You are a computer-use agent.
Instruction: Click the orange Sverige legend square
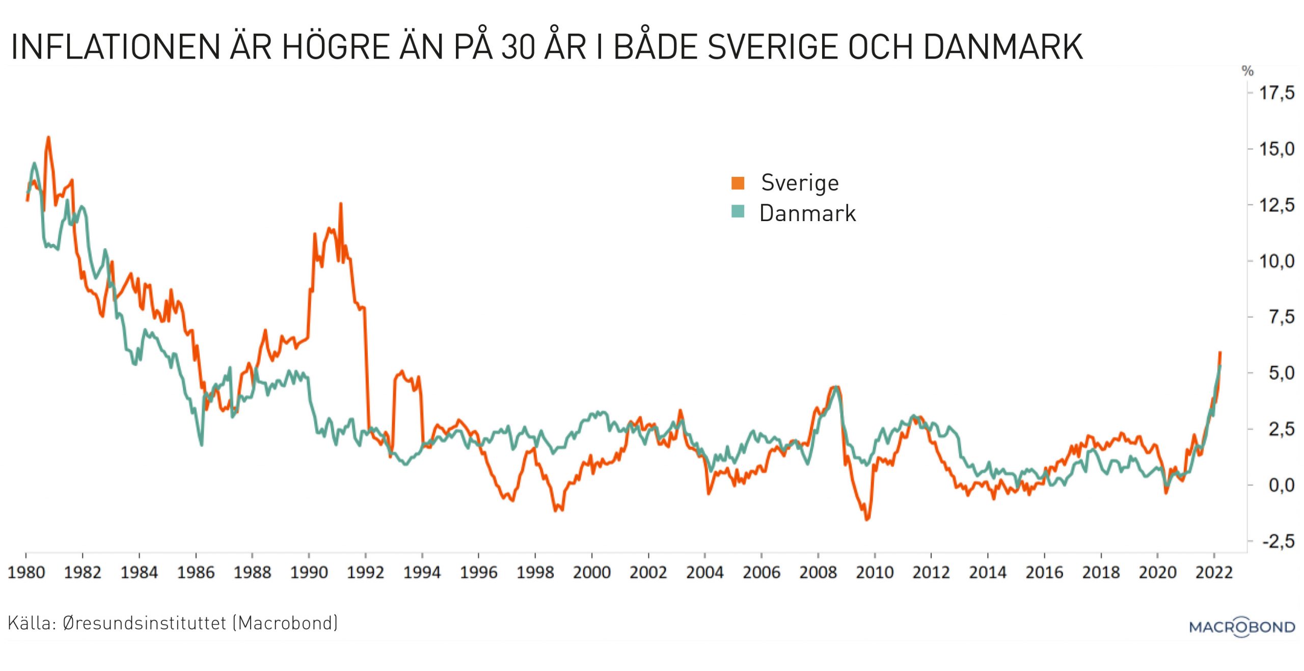738,183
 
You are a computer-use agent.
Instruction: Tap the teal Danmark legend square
738,211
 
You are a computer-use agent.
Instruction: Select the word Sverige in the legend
800,183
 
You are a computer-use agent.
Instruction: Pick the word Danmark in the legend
807,213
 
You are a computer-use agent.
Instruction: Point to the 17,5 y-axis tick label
1276,93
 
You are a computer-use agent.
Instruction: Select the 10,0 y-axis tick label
1276,261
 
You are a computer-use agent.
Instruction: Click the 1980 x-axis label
26,572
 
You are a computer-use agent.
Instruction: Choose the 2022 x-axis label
1214,572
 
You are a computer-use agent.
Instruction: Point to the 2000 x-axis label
591,572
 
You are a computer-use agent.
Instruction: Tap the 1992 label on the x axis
365,572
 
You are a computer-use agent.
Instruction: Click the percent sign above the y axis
1247,71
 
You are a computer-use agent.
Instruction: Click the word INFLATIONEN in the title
115,47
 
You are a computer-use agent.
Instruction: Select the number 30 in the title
518,47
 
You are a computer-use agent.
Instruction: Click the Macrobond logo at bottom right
1242,626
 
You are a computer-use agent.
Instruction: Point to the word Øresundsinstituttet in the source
144,623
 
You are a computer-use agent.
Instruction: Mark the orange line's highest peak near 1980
48,137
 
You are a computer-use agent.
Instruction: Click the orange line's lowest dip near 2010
867,519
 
